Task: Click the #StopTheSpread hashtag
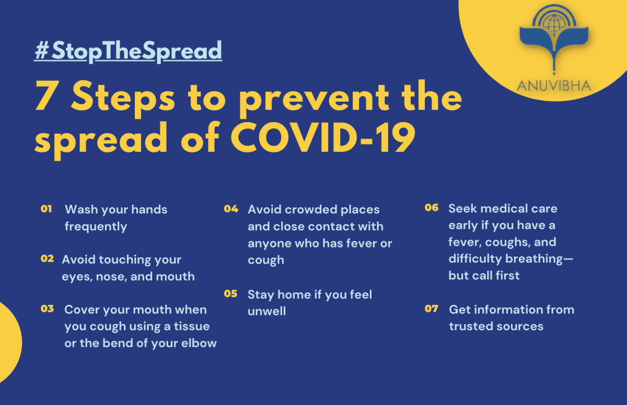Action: click(128, 51)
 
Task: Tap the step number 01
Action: click(46, 209)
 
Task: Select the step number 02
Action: click(47, 258)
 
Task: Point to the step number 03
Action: click(47, 308)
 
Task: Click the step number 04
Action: click(231, 209)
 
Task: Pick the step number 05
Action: click(230, 293)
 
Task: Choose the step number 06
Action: click(432, 207)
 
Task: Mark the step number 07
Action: click(431, 308)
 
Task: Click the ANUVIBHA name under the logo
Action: click(554, 86)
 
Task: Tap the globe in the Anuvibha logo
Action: click(554, 25)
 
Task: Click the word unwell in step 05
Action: click(267, 311)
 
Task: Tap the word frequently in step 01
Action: click(96, 227)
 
